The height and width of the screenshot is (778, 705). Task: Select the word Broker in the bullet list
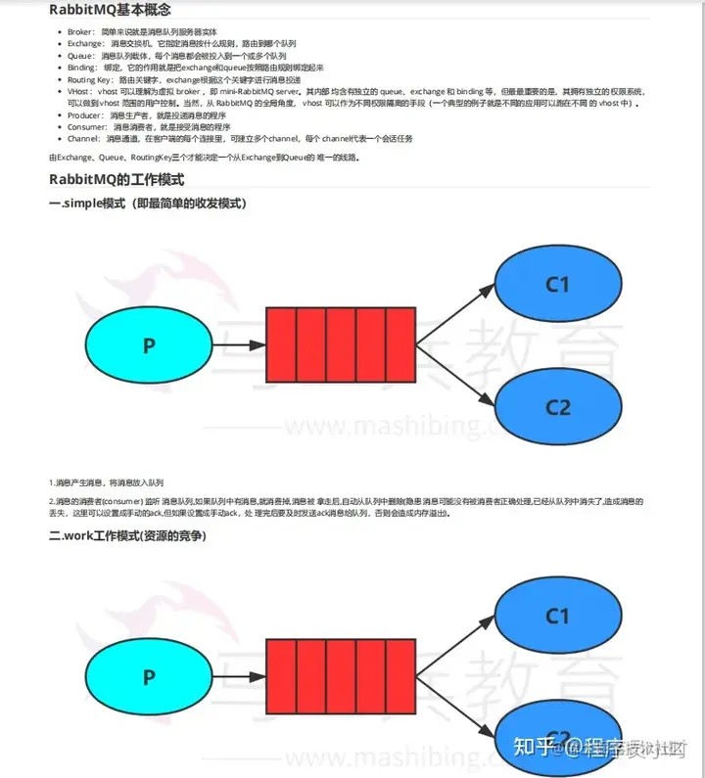pos(80,32)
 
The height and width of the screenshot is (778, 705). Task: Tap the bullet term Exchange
pos(85,45)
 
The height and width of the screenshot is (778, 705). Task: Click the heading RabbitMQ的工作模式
pos(117,180)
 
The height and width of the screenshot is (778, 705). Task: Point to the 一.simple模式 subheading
pos(147,204)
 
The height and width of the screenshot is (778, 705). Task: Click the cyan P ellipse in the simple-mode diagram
pos(149,344)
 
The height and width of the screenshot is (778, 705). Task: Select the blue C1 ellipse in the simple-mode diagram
pos(557,285)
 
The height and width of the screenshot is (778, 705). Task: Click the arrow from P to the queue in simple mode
pos(239,344)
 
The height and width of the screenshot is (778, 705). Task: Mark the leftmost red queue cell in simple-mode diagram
pos(281,344)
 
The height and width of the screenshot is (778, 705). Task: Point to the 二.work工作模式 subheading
pos(127,535)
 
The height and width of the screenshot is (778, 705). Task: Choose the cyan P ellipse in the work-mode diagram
pos(149,676)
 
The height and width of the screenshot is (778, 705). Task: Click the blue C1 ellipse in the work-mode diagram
pos(557,617)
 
